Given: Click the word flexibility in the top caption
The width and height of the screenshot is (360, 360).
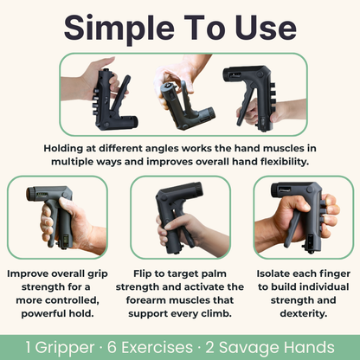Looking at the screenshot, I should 254,161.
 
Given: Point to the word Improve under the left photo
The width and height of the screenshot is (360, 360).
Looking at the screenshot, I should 32,273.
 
